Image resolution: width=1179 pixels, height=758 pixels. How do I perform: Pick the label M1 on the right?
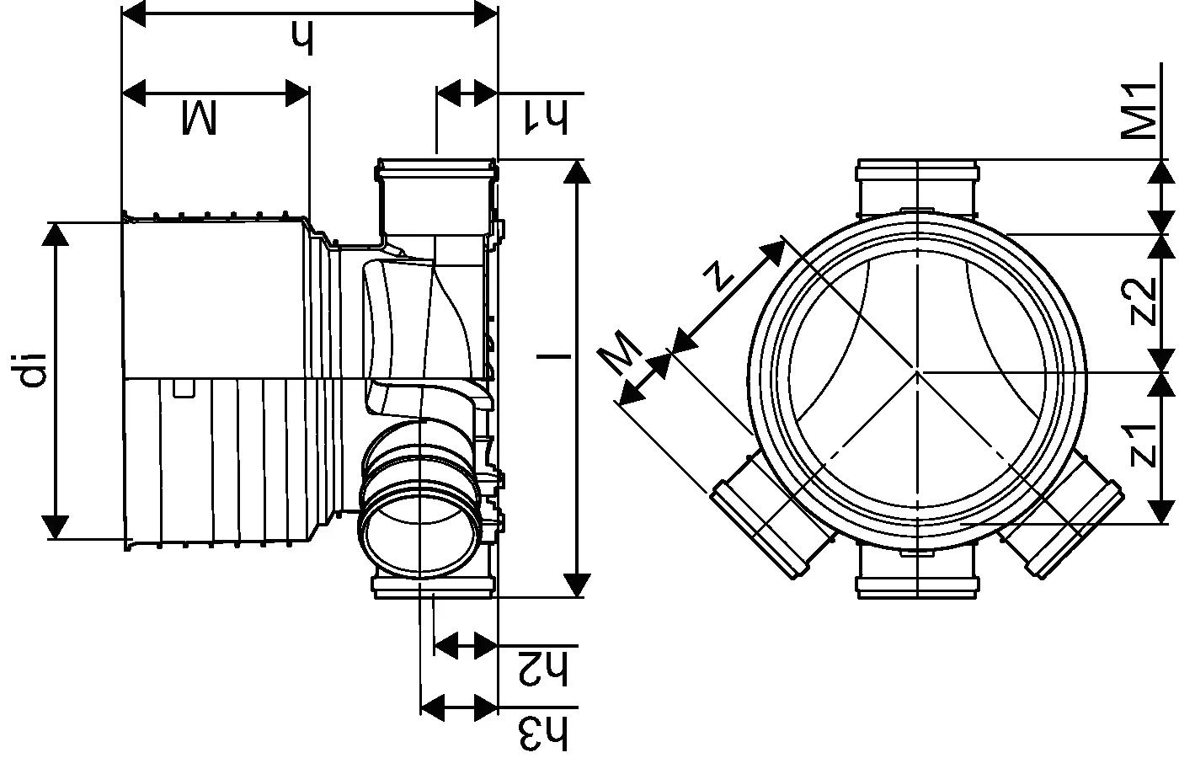tap(1139, 111)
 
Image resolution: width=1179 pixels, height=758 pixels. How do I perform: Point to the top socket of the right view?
tap(917, 187)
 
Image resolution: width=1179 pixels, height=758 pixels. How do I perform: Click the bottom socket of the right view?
tap(917, 574)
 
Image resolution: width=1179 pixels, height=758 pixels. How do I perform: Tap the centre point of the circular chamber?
tap(917, 371)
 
